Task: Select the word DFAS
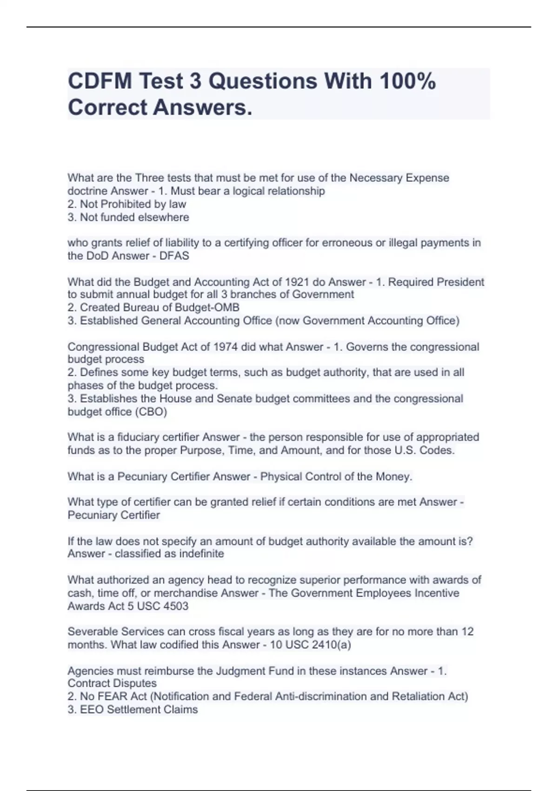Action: point(174,256)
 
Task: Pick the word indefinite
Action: point(201,554)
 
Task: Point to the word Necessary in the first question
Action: point(376,178)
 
